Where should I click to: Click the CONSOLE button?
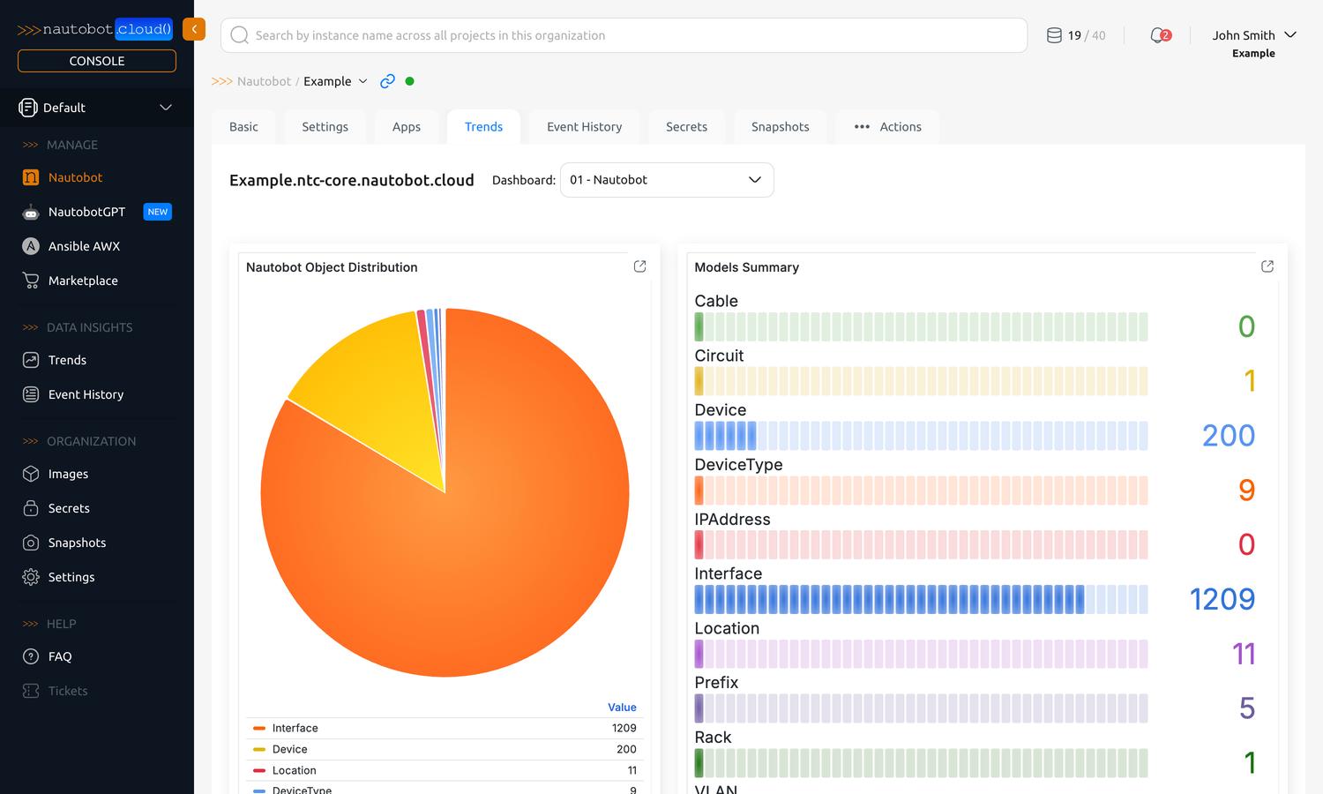coord(97,61)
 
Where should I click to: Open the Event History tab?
coord(584,127)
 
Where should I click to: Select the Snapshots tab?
coord(780,127)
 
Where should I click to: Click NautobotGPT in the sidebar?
coord(86,212)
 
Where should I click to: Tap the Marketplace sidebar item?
coord(83,281)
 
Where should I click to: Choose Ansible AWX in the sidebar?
coord(84,246)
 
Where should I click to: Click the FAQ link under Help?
coord(60,656)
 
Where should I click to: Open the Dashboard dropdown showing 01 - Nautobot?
coord(667,180)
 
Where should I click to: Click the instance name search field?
coord(623,35)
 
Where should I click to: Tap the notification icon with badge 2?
coord(1160,35)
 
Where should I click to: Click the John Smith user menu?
coord(1253,35)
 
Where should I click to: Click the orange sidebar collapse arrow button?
coord(194,29)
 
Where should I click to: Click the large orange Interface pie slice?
coord(476,547)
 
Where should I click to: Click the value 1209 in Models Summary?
coord(1222,599)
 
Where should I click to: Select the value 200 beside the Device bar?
coord(1228,436)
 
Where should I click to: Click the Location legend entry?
coord(294,770)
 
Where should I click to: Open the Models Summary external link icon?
coord(1267,266)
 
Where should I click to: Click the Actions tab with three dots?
coord(887,127)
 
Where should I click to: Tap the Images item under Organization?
coord(68,474)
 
